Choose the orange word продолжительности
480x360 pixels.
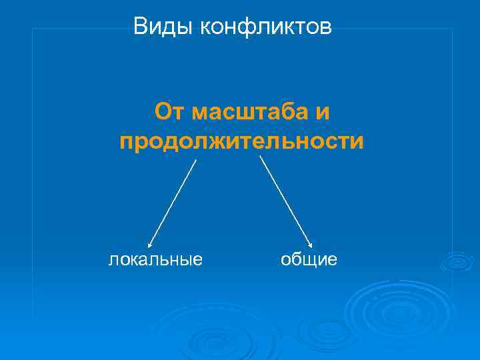pos(242,142)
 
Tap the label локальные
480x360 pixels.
pos(155,259)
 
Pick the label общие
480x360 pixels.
pos(309,259)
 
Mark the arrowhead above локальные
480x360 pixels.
pos(150,244)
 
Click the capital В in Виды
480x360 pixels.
pos(140,27)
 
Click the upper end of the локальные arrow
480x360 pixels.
pos(196,160)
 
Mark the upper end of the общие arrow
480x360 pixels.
pos(259,157)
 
